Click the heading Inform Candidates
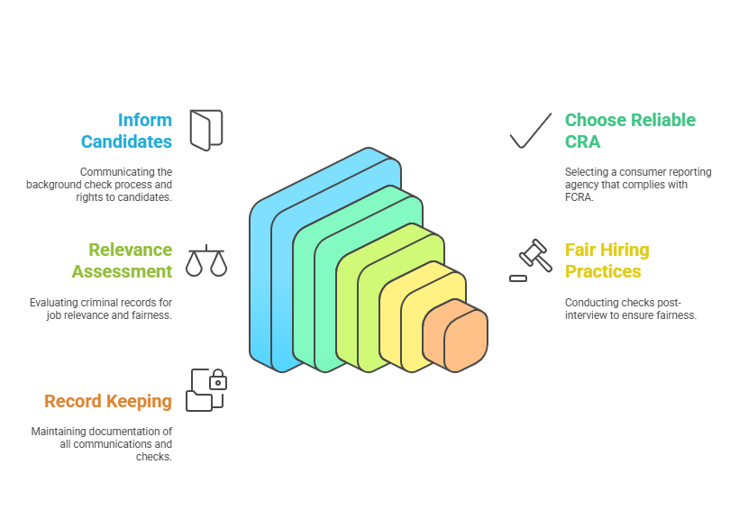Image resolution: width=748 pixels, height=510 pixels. coord(126,131)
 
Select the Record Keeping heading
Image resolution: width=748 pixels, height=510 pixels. coord(108,401)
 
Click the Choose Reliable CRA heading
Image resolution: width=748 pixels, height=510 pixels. coord(630,131)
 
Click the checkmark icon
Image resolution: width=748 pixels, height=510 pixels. coord(530,131)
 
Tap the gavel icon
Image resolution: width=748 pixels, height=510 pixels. coord(533,258)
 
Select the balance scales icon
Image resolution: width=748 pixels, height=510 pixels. coord(205,260)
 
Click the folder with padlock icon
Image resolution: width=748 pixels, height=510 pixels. coord(205,390)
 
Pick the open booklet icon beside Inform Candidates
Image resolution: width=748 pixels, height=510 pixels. coord(205,130)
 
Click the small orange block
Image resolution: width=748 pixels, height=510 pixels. coord(455,336)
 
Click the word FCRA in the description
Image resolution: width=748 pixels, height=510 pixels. coord(579,197)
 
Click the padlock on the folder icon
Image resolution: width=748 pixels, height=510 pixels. coord(217,382)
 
